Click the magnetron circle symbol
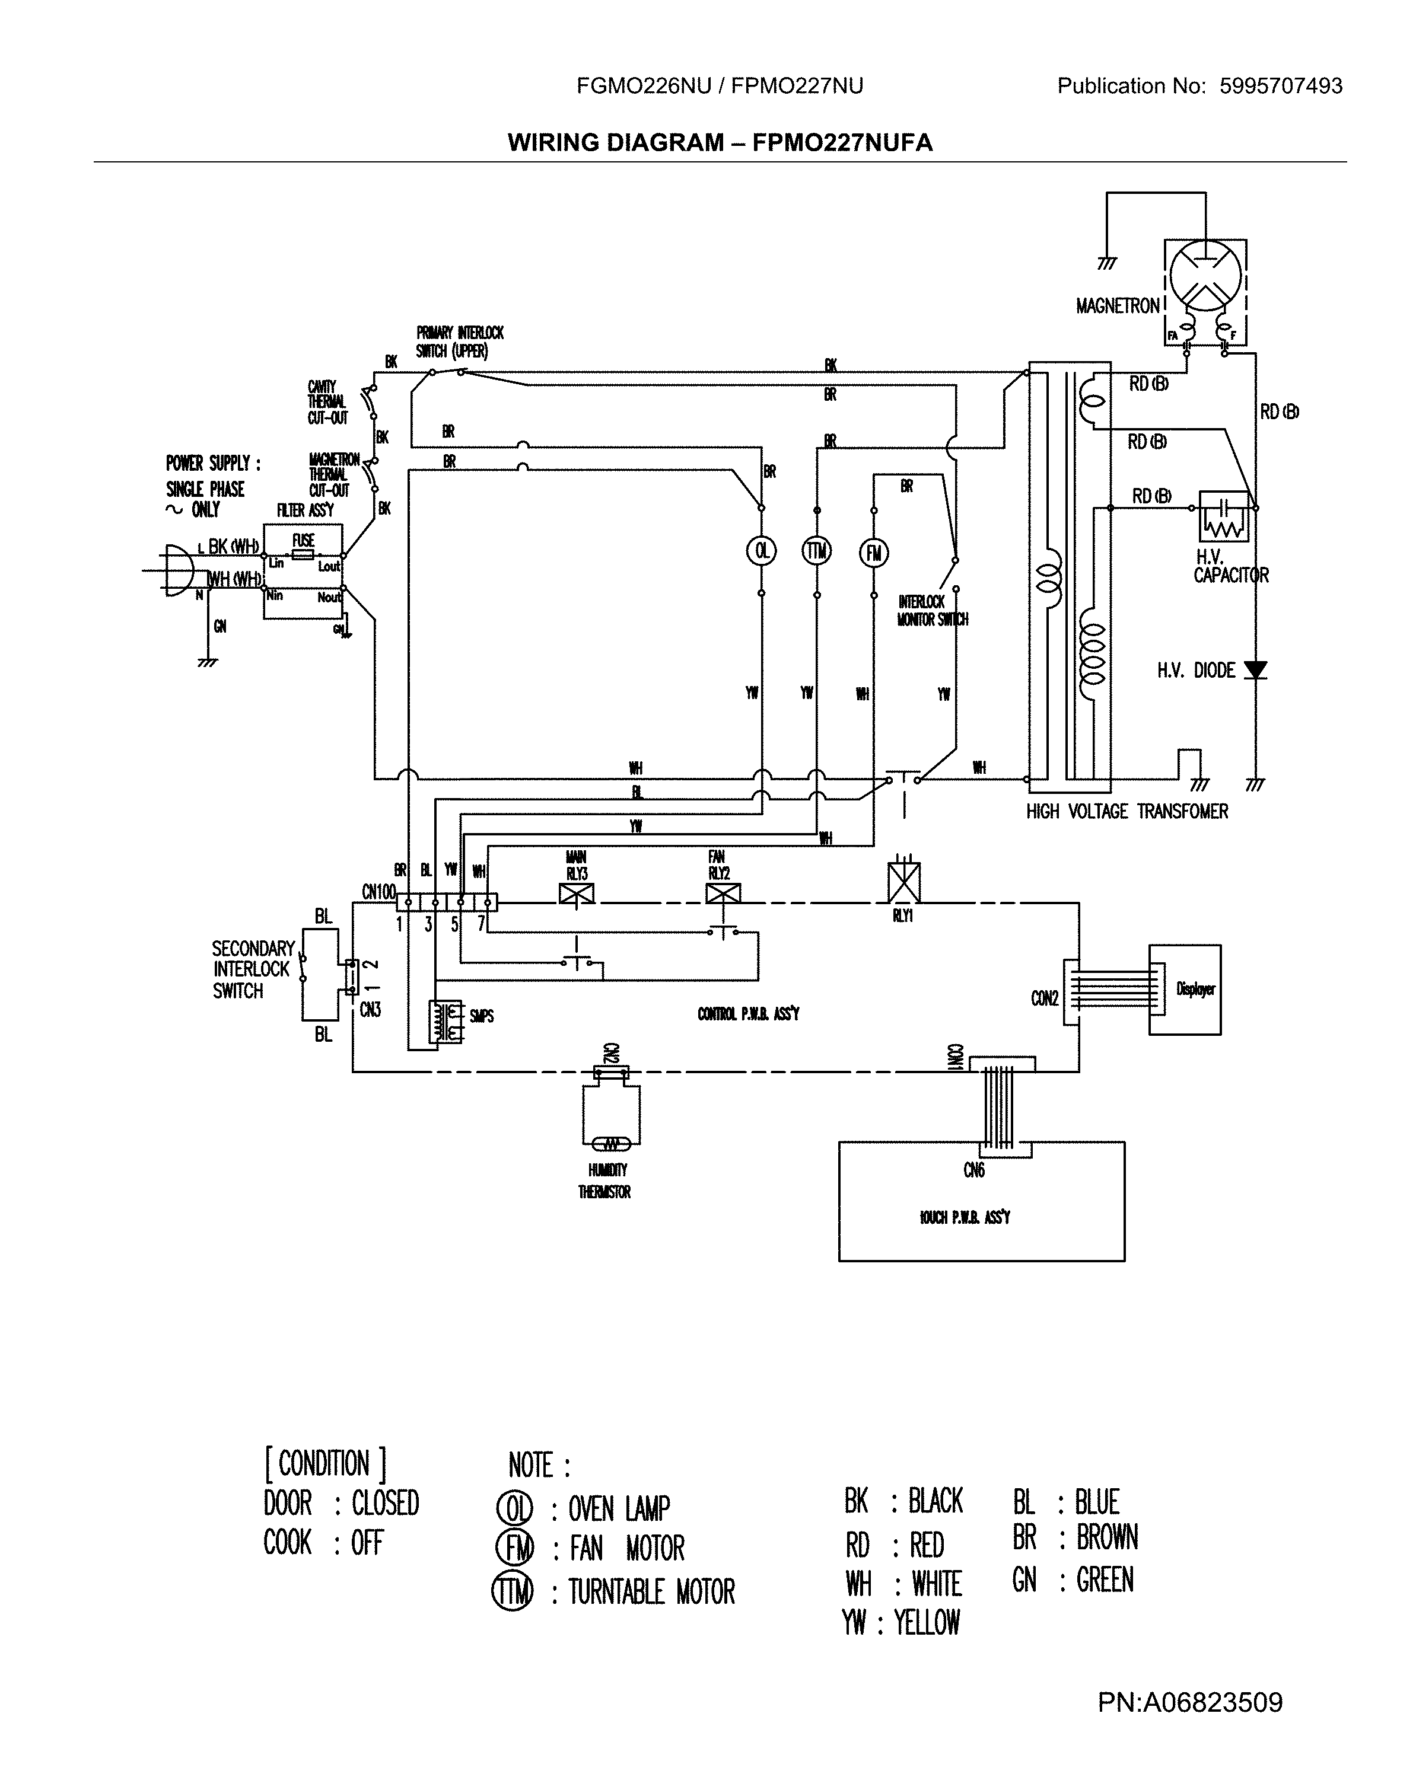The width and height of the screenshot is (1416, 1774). click(1205, 277)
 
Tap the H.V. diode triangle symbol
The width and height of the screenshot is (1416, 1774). click(1255, 670)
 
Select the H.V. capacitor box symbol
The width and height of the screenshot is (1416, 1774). click(1223, 516)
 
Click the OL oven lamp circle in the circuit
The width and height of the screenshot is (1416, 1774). click(762, 550)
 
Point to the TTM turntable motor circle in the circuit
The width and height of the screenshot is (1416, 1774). click(817, 550)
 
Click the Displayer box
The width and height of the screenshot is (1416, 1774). click(1185, 989)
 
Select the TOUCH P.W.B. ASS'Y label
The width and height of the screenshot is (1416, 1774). click(965, 1217)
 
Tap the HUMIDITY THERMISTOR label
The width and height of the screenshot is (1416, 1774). click(605, 1180)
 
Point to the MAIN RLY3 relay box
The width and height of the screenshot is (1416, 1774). click(576, 894)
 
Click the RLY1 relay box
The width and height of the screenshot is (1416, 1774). click(904, 882)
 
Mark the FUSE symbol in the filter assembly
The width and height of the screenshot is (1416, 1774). click(303, 554)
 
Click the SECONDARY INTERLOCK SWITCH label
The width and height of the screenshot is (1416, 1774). click(252, 969)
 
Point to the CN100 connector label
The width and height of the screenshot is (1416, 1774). click(378, 891)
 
